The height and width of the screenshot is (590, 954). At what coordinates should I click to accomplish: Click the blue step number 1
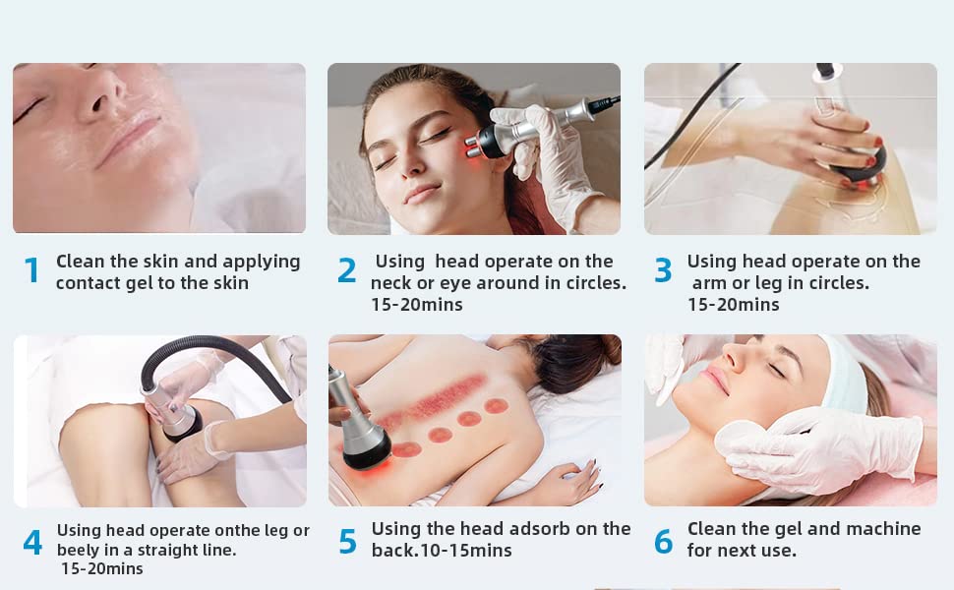pyautogui.click(x=31, y=270)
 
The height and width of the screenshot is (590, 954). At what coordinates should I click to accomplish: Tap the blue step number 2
pyautogui.click(x=346, y=270)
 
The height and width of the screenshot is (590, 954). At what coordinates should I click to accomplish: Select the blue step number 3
pyautogui.click(x=663, y=270)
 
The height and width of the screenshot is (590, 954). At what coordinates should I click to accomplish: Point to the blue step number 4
pyautogui.click(x=32, y=542)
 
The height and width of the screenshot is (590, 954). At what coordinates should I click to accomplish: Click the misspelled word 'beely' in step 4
pyautogui.click(x=80, y=551)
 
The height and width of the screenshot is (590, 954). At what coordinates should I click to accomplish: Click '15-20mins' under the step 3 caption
pyautogui.click(x=733, y=305)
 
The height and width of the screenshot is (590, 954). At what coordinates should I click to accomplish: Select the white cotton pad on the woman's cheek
pyautogui.click(x=740, y=438)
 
